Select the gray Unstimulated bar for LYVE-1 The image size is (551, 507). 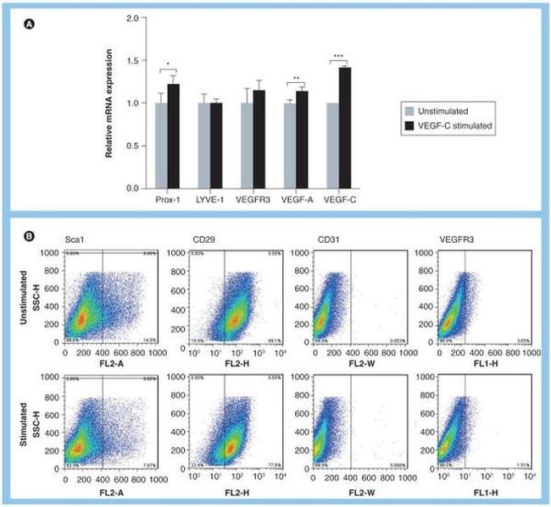pyautogui.click(x=203, y=145)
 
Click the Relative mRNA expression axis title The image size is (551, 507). pyautogui.click(x=110, y=102)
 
